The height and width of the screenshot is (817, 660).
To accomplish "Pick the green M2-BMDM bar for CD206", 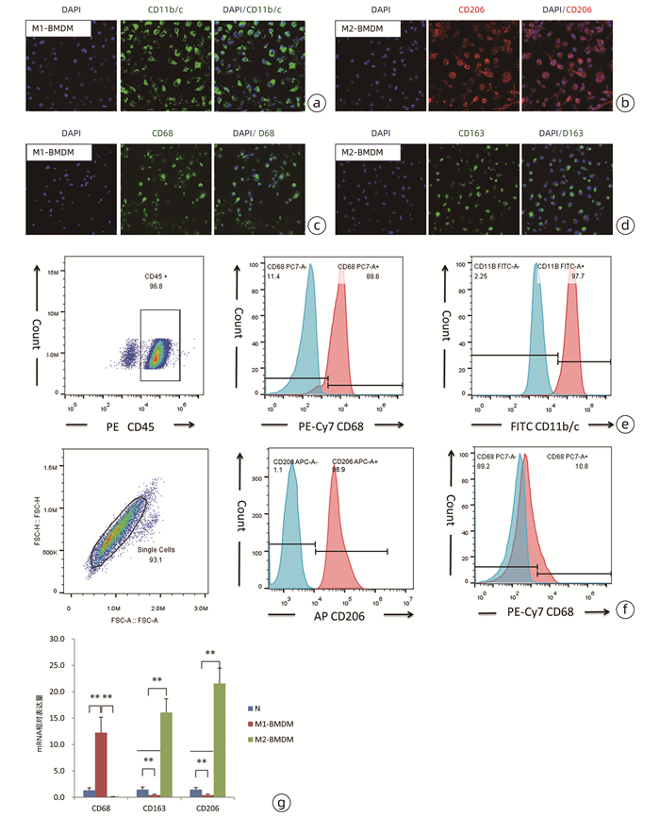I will tap(221, 740).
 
